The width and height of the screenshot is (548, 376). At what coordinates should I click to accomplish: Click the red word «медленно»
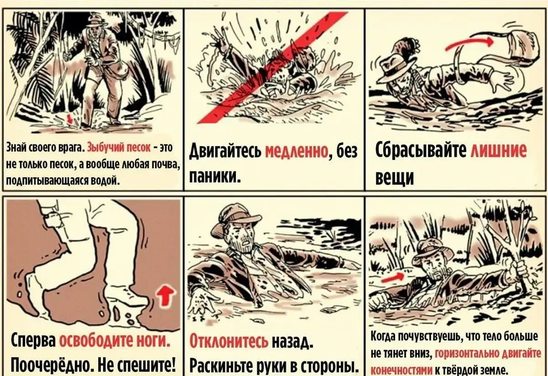[297, 151]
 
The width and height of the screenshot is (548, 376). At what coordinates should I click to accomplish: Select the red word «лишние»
[499, 150]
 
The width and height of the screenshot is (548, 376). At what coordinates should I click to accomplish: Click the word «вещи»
[395, 177]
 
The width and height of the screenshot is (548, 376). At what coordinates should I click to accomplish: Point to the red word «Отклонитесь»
[229, 341]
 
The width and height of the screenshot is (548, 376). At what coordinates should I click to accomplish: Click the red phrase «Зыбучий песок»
[119, 148]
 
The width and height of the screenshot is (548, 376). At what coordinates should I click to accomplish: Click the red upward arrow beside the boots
[166, 297]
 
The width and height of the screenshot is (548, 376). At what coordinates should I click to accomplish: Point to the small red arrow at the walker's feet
[70, 119]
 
